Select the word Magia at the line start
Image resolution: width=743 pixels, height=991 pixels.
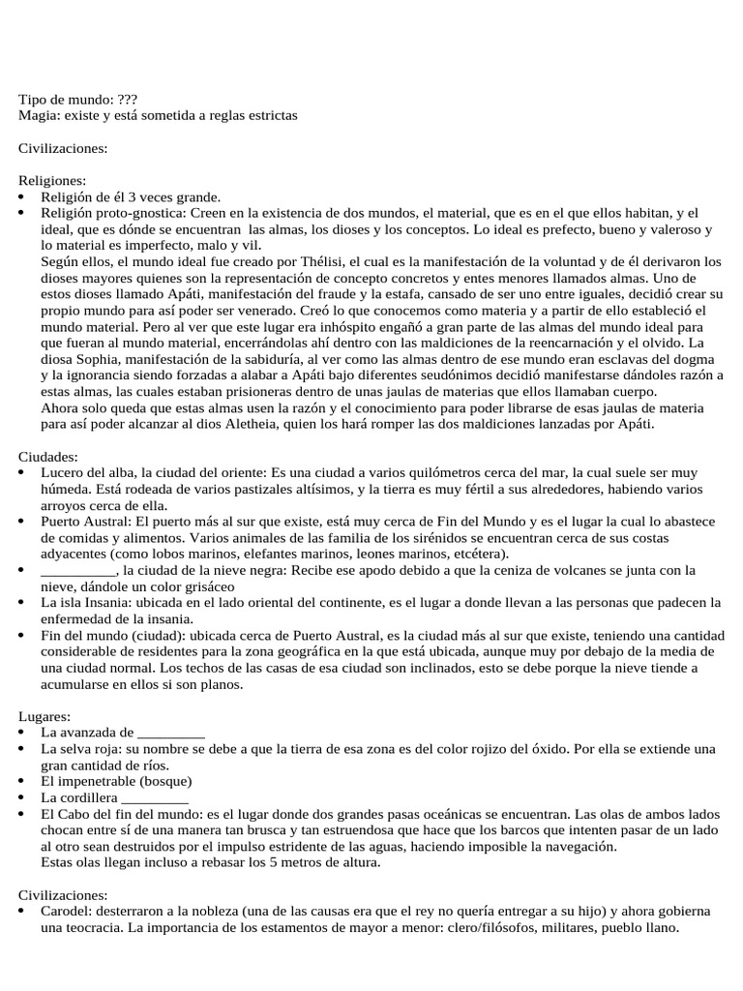(x=37, y=115)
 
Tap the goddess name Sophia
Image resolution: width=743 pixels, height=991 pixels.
(x=79, y=359)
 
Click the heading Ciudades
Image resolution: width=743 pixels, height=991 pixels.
(x=48, y=457)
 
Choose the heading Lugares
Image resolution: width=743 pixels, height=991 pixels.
(x=45, y=716)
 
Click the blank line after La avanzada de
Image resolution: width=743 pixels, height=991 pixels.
(x=171, y=733)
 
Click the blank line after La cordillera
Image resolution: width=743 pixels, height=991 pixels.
(x=155, y=798)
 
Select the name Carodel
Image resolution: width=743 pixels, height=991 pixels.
(x=65, y=913)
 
